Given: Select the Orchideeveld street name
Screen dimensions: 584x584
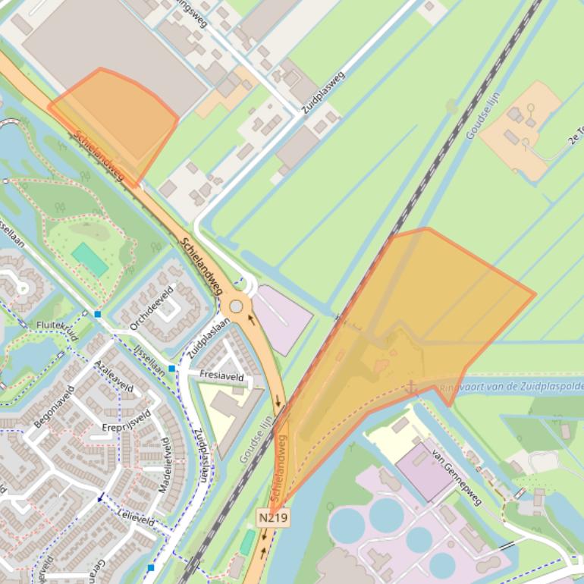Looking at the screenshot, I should point(152,308).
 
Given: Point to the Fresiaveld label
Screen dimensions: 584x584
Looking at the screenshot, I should point(221,375).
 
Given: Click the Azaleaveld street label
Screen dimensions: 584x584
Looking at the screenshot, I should point(114,377).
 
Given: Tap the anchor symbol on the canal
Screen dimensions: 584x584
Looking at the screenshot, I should point(411,387).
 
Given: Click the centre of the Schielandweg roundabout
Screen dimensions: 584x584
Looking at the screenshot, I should point(237,306).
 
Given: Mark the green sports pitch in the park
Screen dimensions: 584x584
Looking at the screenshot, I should point(90,259).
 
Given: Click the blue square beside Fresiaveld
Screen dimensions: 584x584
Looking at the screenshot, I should point(172,369).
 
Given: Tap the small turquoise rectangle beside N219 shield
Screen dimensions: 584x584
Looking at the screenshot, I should point(247,542).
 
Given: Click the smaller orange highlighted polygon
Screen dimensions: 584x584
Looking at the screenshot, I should point(118,121).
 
